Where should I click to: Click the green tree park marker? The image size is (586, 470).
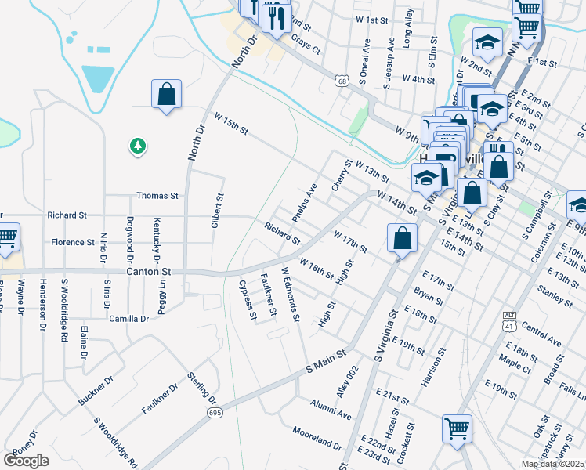[138, 146]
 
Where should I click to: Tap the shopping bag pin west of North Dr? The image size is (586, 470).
[167, 95]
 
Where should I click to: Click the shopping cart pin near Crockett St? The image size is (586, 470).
[457, 428]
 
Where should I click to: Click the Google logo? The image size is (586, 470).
[26, 460]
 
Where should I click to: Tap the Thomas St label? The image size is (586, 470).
[157, 196]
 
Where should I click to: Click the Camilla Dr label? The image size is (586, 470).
[129, 319]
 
